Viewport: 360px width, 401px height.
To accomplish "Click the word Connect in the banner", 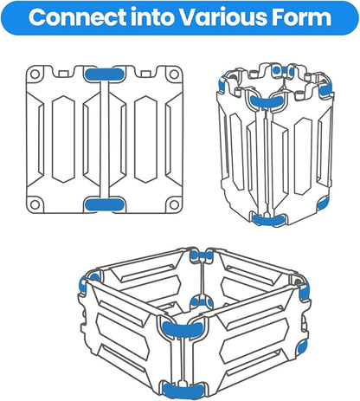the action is click(x=77, y=17).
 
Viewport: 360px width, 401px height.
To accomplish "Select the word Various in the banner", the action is click(x=222, y=17).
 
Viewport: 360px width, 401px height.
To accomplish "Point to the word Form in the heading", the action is click(x=300, y=17).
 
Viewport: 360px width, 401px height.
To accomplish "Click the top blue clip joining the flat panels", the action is click(x=105, y=74).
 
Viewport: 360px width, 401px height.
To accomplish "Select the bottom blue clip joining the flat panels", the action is click(x=105, y=204).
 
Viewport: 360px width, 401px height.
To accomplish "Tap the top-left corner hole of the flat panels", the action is click(x=35, y=74).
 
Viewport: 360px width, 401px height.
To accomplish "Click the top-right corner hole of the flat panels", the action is click(x=174, y=74).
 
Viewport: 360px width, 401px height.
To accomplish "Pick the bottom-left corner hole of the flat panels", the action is click(x=35, y=204).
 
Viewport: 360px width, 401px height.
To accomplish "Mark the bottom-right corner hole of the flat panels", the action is click(x=174, y=204).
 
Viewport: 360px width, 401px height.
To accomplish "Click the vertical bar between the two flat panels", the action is click(x=105, y=139).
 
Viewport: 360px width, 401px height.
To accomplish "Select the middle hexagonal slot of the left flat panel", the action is click(x=63, y=139).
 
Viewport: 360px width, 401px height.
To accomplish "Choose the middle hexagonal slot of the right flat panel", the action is click(x=145, y=139).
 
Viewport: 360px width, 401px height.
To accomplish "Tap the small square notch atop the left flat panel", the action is click(x=64, y=74).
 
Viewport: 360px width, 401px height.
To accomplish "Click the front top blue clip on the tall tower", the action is click(x=267, y=102).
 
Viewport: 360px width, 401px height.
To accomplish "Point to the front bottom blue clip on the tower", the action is click(x=268, y=220).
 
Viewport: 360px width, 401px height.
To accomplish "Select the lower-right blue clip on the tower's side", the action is click(x=323, y=203).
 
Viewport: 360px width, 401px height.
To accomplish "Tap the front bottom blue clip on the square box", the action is click(x=182, y=391).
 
